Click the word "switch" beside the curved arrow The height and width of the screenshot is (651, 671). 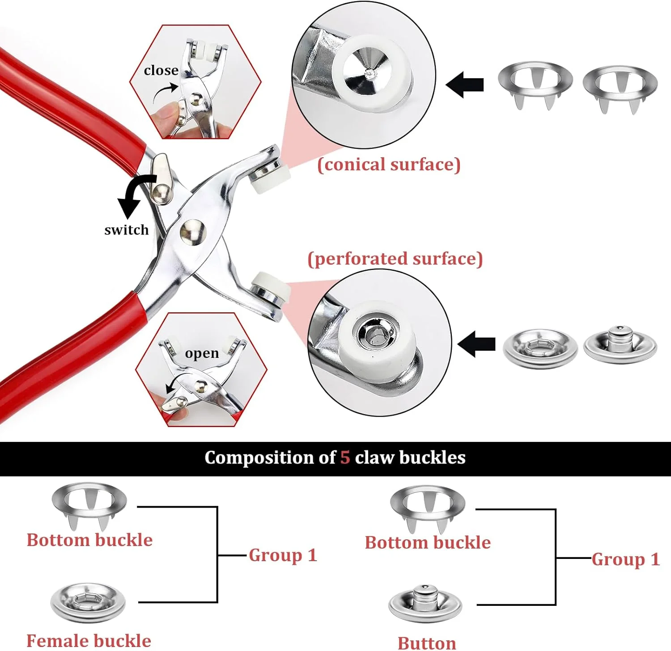tap(126, 230)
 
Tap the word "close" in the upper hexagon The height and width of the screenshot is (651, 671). tap(161, 70)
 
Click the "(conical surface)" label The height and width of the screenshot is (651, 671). tap(389, 164)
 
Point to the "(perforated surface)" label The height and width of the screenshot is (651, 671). tap(395, 259)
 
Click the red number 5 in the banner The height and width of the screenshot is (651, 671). tap(345, 458)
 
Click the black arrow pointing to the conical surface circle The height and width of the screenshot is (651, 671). tap(465, 84)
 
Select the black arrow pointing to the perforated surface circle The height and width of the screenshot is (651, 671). tap(477, 344)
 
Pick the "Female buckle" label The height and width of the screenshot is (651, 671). tap(89, 641)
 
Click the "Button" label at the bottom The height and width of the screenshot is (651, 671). tap(427, 643)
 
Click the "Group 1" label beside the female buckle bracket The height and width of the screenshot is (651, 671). tap(283, 555)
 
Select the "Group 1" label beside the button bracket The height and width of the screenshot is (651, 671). tap(625, 559)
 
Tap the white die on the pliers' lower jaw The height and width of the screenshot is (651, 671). tap(270, 286)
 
